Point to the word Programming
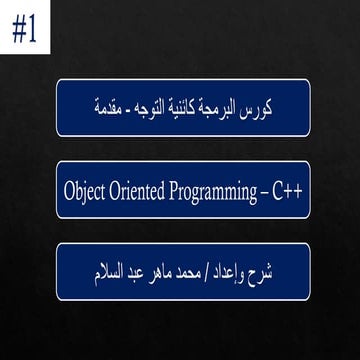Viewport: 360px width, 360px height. [x=221, y=190]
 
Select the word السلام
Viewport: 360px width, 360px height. [x=93, y=270]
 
